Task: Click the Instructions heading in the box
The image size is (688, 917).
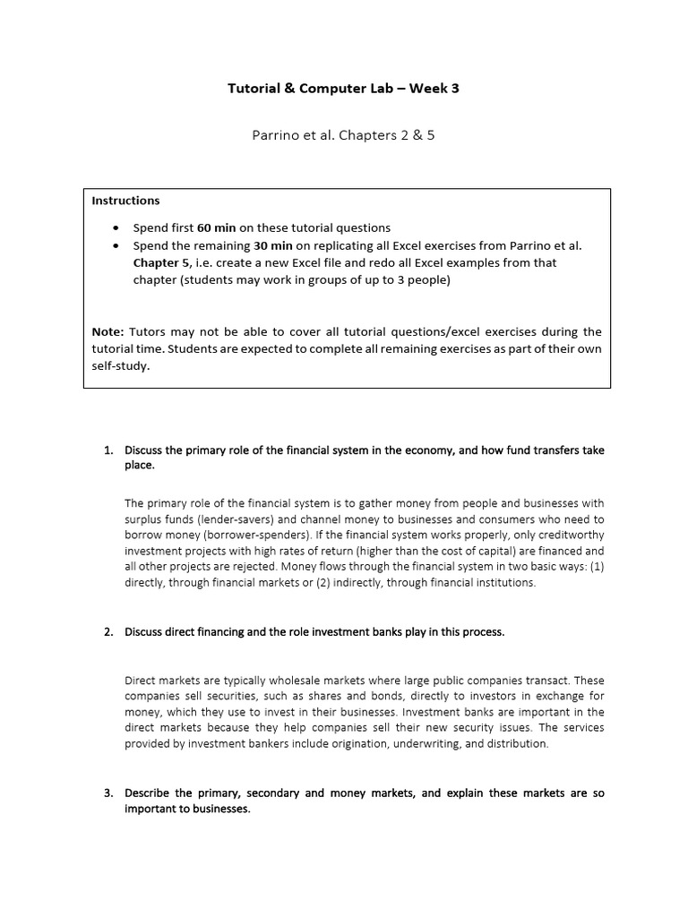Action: (125, 201)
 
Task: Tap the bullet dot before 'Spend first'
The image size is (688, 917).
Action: (118, 227)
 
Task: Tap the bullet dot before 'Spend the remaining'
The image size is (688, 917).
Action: (118, 245)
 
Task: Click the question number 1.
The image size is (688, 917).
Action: (107, 450)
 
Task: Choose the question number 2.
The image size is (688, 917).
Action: (107, 632)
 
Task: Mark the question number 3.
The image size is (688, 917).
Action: (107, 793)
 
